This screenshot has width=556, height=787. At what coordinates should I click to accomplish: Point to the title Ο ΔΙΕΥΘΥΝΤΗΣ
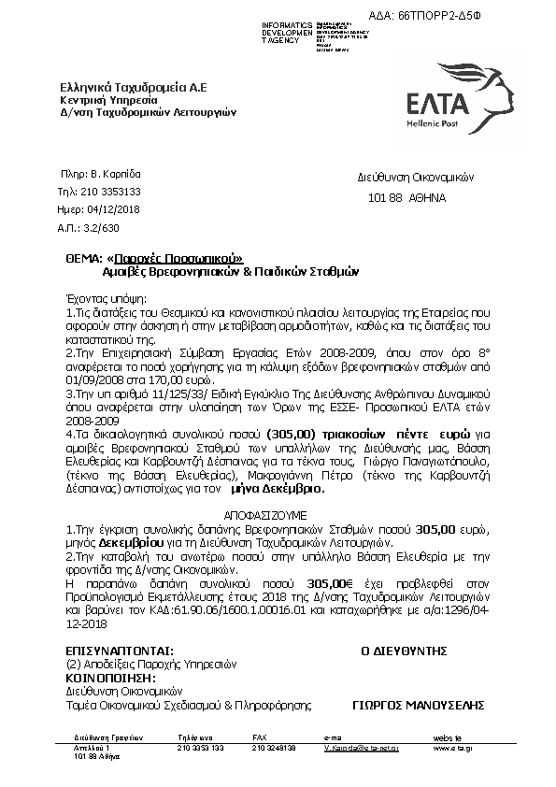point(405,651)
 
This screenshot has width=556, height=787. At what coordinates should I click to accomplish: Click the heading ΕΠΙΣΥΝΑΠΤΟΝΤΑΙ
point(120,651)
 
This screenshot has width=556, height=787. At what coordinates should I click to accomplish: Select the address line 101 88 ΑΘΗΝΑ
point(407,198)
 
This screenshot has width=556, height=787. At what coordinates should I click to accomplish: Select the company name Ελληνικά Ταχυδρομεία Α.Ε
point(133,87)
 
